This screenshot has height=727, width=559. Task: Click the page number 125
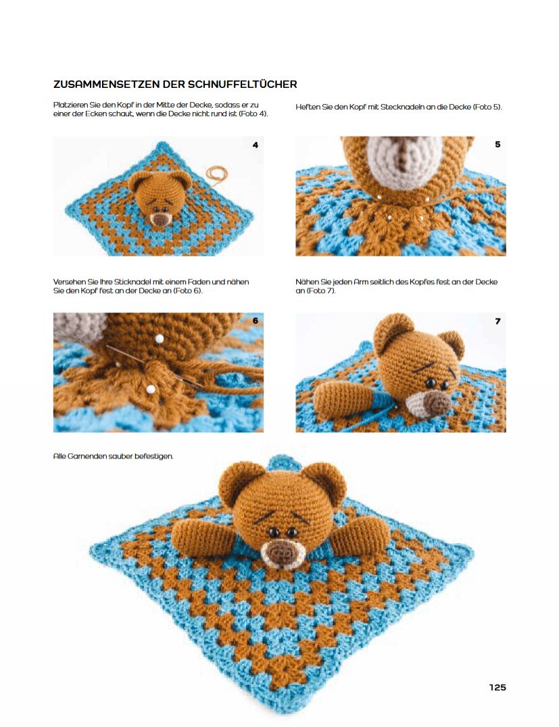497,687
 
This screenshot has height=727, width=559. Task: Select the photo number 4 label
256,145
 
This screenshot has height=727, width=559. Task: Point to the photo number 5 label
497,144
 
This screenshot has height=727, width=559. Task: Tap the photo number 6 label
256,321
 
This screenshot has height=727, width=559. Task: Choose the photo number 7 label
497,321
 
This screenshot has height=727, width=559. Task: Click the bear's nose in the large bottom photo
281,553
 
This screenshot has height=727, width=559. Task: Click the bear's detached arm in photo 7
343,398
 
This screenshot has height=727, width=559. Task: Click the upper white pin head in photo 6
160,339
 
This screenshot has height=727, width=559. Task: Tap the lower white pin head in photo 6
150,389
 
